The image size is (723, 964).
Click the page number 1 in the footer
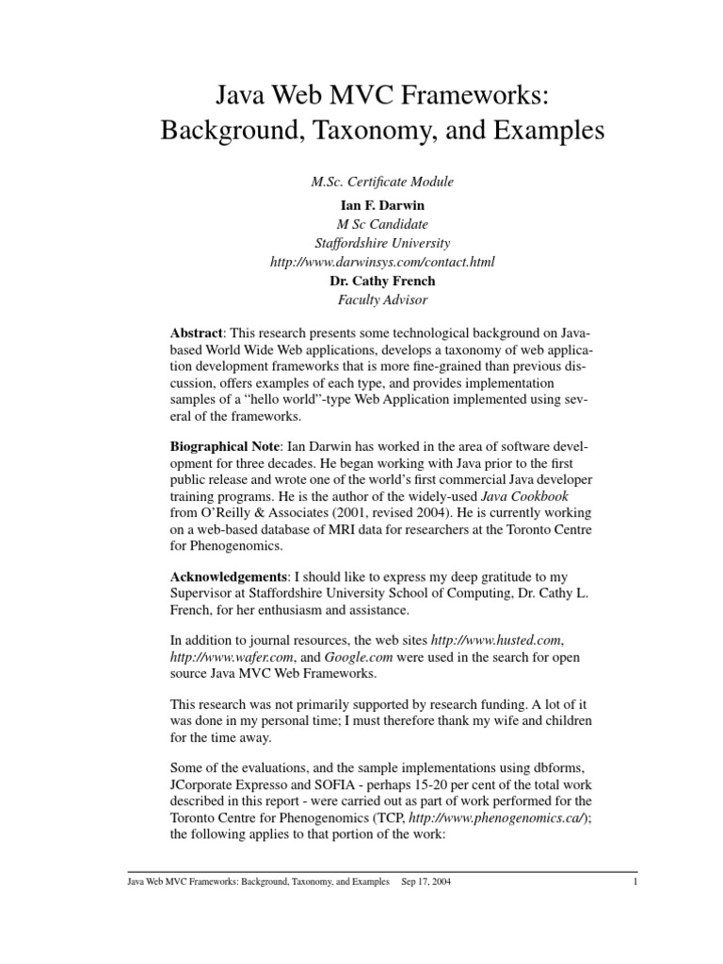click(x=635, y=883)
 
